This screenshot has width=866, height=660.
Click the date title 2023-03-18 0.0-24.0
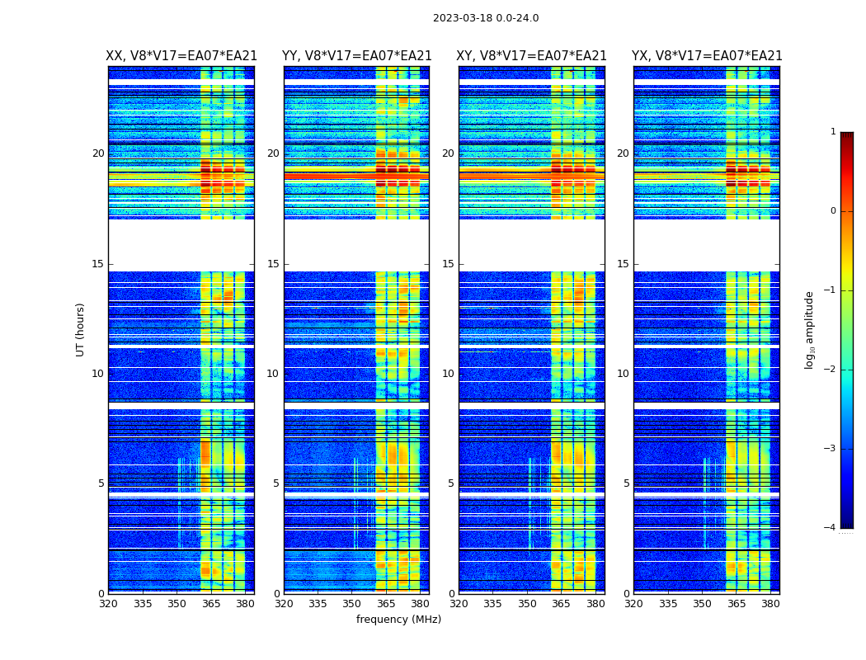(486, 18)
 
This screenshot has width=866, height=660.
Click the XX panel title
(181, 56)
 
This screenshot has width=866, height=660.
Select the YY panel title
(356, 56)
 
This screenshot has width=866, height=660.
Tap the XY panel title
(532, 56)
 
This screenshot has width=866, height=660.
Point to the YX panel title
(707, 56)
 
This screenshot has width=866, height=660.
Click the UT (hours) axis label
(81, 329)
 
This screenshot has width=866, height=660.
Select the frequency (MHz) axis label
(398, 620)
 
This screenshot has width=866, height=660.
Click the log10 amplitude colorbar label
(810, 329)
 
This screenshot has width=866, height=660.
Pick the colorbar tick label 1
(833, 132)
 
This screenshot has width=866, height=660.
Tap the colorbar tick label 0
(833, 211)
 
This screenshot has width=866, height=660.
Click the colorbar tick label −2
(831, 370)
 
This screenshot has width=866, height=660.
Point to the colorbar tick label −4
(831, 528)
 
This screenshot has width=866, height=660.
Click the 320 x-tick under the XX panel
(108, 604)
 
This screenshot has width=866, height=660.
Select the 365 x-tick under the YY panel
(386, 604)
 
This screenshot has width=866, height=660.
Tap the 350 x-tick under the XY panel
(527, 604)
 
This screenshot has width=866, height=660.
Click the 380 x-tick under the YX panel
(770, 604)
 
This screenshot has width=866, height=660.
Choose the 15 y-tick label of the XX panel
(98, 264)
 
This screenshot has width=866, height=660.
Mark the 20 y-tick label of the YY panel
(273, 153)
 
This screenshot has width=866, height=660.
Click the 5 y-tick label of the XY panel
(451, 483)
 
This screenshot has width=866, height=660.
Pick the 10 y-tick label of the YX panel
(624, 374)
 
